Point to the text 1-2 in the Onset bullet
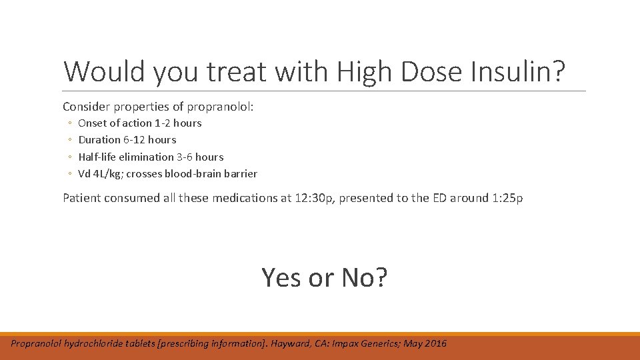162,123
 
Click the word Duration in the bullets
99,139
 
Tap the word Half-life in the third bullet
97,157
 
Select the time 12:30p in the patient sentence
313,198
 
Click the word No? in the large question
364,277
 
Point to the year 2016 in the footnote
435,343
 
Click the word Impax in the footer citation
329,343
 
